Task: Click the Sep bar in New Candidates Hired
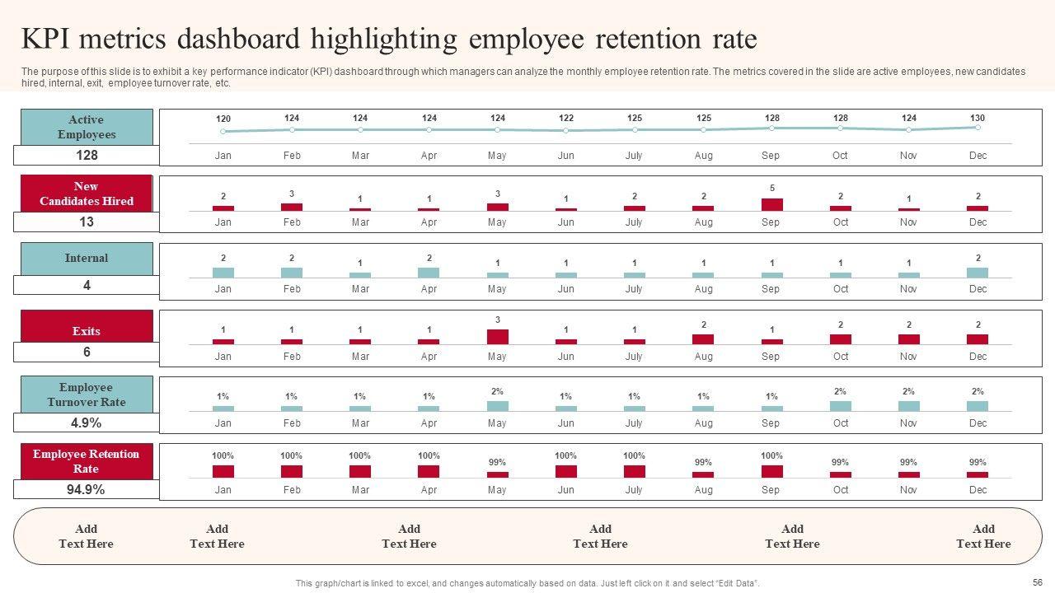(x=771, y=204)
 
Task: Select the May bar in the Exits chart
(x=497, y=336)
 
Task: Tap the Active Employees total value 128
(x=87, y=156)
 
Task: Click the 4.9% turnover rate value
(x=86, y=423)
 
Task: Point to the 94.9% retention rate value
(x=86, y=490)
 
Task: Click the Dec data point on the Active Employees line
(x=978, y=127)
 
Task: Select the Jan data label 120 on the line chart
(x=223, y=119)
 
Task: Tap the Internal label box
(x=87, y=259)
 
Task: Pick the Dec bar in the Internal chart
(x=978, y=272)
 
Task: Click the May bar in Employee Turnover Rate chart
(x=497, y=405)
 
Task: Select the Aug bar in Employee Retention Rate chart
(x=703, y=474)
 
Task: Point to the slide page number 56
(x=1037, y=581)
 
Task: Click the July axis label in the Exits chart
(x=634, y=357)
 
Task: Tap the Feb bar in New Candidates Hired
(x=292, y=207)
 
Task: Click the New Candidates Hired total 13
(x=87, y=222)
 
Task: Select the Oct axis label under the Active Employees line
(x=840, y=156)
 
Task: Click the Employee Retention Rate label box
(x=87, y=461)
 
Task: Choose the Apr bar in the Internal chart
(x=429, y=272)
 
